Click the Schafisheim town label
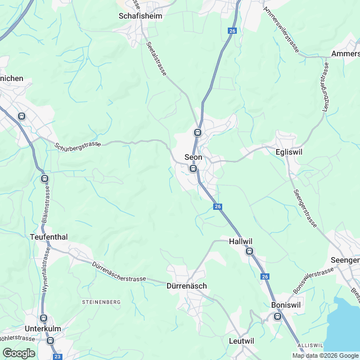tap(141, 16)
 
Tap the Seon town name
tap(193, 157)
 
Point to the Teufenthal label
tap(48, 237)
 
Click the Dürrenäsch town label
tap(187, 286)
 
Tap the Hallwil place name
tap(241, 241)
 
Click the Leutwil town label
tap(242, 341)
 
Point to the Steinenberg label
tap(102, 302)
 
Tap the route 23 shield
tap(57, 356)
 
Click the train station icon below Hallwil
tap(249, 252)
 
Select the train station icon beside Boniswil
tap(277, 317)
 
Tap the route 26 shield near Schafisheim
tap(232, 31)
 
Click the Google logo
tap(18, 353)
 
